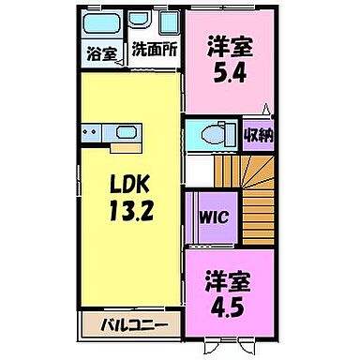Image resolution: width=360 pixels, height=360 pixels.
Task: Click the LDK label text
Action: (x=128, y=183)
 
